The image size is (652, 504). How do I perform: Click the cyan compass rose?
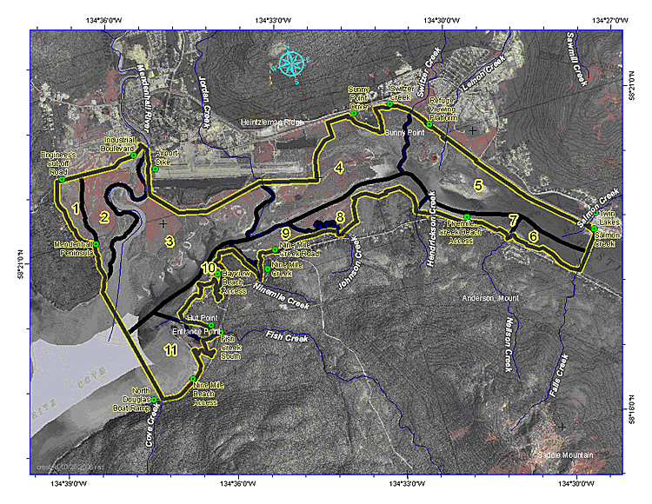293,63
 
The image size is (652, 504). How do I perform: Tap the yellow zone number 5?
478,185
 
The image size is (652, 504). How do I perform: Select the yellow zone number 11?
171,350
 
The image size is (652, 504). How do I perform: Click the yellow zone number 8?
341,216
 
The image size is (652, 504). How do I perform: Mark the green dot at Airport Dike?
155,169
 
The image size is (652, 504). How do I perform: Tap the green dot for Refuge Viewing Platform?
429,124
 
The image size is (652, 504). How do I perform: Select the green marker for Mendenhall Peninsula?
97,244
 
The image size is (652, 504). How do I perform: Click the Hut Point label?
201,320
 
